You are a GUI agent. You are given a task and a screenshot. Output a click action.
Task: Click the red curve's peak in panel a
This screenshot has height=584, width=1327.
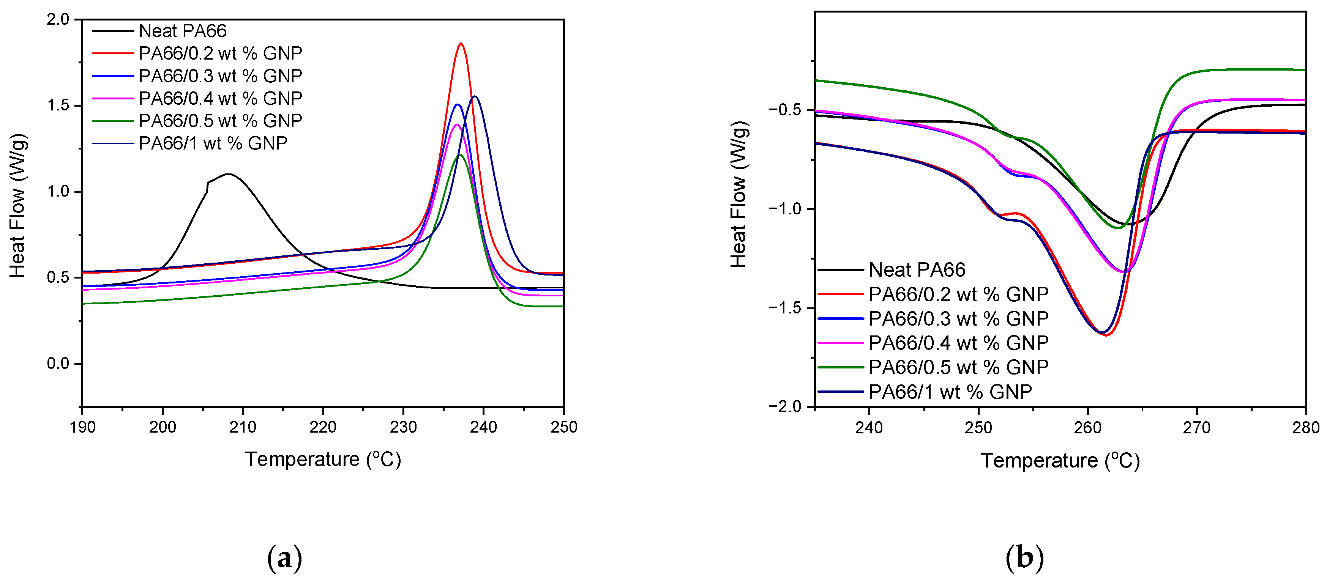point(461,44)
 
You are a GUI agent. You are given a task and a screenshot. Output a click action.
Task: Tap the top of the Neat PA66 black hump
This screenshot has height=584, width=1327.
point(227,174)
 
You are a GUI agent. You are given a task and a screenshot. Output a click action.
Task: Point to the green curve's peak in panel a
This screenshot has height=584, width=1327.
point(459,155)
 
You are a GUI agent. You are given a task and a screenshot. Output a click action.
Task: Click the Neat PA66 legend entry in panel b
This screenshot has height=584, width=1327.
point(917,269)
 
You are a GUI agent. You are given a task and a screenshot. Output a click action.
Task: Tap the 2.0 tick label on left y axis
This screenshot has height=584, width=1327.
point(57,20)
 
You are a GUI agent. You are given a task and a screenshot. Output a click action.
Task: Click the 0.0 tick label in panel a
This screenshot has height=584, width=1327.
point(57,364)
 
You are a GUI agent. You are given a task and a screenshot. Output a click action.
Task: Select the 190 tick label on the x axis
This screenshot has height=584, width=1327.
point(82,427)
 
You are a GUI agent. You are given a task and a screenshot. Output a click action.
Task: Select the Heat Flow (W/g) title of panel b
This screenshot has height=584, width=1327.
point(739,195)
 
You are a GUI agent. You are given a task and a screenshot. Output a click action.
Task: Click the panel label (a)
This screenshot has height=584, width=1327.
point(284,558)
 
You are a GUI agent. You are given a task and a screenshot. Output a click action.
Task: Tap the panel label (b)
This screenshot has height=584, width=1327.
point(1024,558)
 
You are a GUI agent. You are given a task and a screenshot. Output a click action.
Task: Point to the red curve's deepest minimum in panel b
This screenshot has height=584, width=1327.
point(1106,335)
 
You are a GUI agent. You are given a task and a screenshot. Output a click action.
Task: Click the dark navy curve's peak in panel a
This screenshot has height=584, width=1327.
point(475,96)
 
